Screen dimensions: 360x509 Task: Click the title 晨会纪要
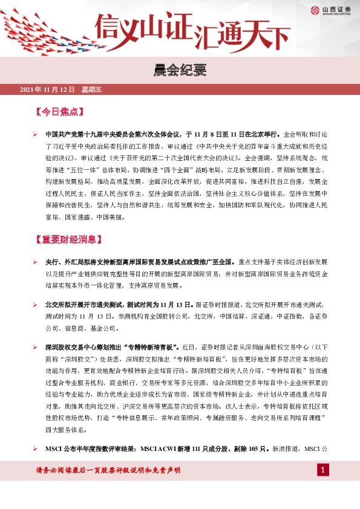tap(180, 71)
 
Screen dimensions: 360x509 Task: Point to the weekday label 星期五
tap(93, 90)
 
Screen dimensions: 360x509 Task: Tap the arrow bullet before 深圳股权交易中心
tap(36, 348)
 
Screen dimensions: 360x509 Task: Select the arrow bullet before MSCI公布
tap(36, 450)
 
